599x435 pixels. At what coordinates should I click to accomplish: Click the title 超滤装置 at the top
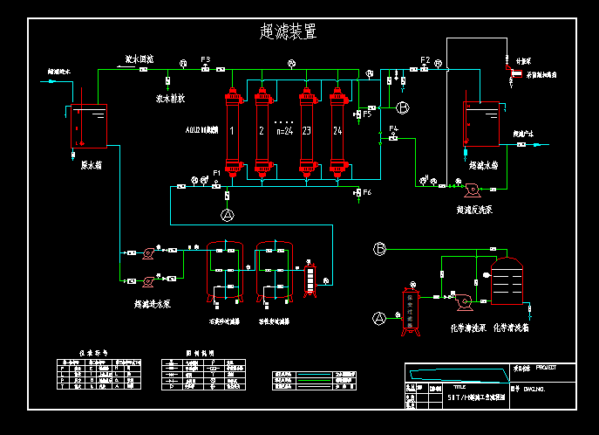coord(288,32)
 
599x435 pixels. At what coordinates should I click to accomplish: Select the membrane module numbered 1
coord(232,131)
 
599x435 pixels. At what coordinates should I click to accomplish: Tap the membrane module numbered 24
coord(337,131)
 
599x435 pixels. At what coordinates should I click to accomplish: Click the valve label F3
coord(205,59)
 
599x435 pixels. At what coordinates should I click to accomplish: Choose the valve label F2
coord(425,59)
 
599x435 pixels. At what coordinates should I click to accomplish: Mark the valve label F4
coord(393,129)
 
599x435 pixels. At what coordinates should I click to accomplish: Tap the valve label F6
coord(367,192)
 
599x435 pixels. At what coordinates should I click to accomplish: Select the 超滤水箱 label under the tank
coord(482,164)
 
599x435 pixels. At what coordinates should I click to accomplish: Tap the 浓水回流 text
coord(140,59)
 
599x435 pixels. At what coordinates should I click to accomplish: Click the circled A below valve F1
coord(228,214)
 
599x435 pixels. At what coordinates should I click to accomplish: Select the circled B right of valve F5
coord(402,107)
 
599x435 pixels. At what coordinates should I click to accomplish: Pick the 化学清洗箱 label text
coord(510,328)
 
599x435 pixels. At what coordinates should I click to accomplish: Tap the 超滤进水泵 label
coord(152,305)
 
